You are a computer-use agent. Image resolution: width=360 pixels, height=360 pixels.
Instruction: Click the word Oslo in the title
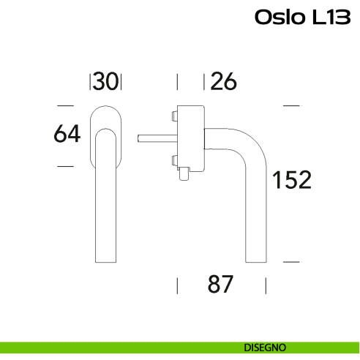276,17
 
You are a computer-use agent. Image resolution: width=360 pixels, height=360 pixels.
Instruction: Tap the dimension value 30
105,82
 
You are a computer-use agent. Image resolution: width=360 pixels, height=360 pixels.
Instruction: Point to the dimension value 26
224,82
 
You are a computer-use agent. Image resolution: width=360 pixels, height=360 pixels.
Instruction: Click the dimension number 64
67,134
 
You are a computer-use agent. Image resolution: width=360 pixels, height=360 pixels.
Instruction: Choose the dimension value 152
292,179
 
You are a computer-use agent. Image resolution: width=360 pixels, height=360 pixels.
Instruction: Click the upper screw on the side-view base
173,115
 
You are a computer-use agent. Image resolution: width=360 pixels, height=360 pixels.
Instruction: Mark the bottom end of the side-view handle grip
255,260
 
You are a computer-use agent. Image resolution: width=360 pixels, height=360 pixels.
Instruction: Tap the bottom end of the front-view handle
105,260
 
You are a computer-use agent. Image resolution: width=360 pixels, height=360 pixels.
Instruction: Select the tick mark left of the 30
90,82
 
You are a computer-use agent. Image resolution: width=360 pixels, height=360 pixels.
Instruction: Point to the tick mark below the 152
291,261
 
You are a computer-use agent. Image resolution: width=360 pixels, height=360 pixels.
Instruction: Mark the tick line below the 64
66,167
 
